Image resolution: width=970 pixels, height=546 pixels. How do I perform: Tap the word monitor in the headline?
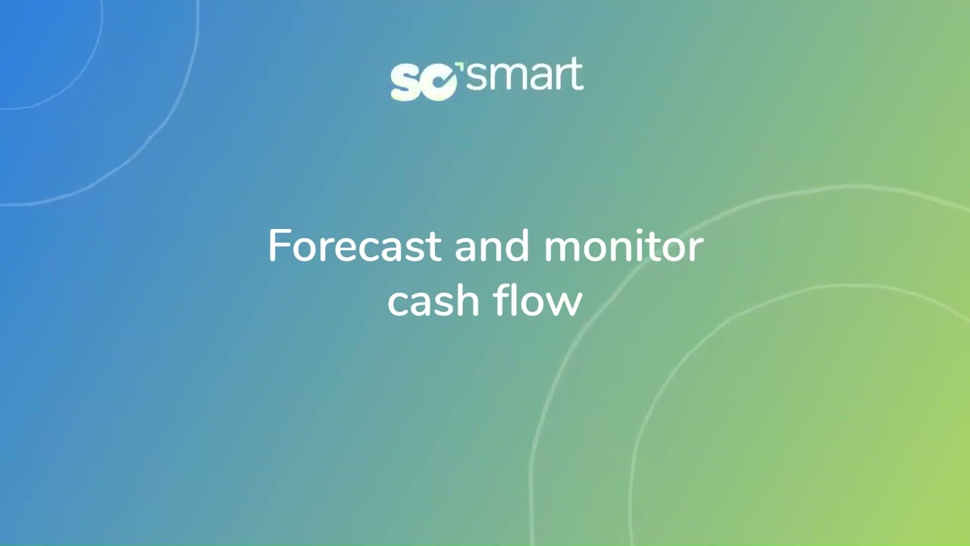(624, 246)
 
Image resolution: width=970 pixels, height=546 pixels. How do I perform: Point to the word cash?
(433, 300)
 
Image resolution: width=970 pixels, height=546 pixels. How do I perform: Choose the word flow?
(537, 300)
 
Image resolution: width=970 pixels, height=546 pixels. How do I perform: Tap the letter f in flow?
(501, 300)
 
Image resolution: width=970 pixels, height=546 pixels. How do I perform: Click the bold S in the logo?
(405, 83)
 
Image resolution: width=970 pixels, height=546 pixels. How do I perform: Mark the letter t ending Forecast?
(433, 248)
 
